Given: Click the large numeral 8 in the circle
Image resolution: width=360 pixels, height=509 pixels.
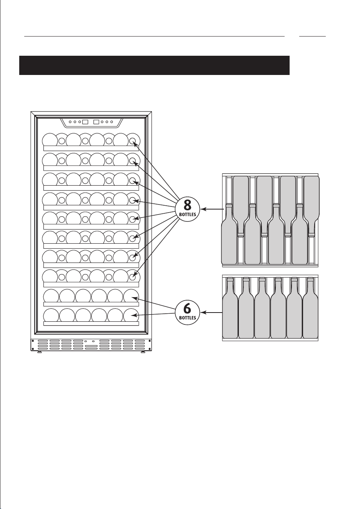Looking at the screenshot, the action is (x=187, y=205).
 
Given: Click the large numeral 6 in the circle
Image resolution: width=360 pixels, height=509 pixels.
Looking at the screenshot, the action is (x=187, y=308).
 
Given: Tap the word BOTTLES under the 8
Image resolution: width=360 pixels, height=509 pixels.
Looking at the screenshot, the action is (x=188, y=214).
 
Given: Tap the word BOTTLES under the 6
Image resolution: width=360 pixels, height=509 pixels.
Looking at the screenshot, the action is (x=188, y=318).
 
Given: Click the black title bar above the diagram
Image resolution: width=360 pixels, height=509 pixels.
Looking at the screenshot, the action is (x=154, y=65).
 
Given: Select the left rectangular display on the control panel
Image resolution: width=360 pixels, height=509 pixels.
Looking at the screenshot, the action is (x=85, y=122).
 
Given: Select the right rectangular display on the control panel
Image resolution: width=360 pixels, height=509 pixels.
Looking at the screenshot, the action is (x=97, y=122).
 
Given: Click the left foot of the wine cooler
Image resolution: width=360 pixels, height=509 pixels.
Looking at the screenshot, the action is (x=40, y=352).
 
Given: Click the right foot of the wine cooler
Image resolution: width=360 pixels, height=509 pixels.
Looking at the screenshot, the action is (x=143, y=352).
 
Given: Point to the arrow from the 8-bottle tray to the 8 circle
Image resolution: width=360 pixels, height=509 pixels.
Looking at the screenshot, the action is (x=212, y=209).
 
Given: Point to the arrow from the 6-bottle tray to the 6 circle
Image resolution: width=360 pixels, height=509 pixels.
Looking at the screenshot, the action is (x=212, y=313).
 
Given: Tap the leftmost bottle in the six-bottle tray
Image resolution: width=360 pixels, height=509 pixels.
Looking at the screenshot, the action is (x=230, y=308).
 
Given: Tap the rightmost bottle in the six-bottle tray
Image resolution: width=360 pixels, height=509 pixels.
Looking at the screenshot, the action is (x=310, y=308).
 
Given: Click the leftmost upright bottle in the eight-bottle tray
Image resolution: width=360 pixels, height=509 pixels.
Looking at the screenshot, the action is (x=229, y=234).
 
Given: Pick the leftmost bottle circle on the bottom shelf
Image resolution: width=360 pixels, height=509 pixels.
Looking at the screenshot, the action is (x=51, y=315).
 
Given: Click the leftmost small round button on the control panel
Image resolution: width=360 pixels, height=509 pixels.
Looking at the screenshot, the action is (x=70, y=122).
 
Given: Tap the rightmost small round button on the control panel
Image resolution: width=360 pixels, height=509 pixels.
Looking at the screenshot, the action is (x=112, y=122).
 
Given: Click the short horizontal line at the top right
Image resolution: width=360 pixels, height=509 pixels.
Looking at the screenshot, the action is (x=312, y=36).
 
